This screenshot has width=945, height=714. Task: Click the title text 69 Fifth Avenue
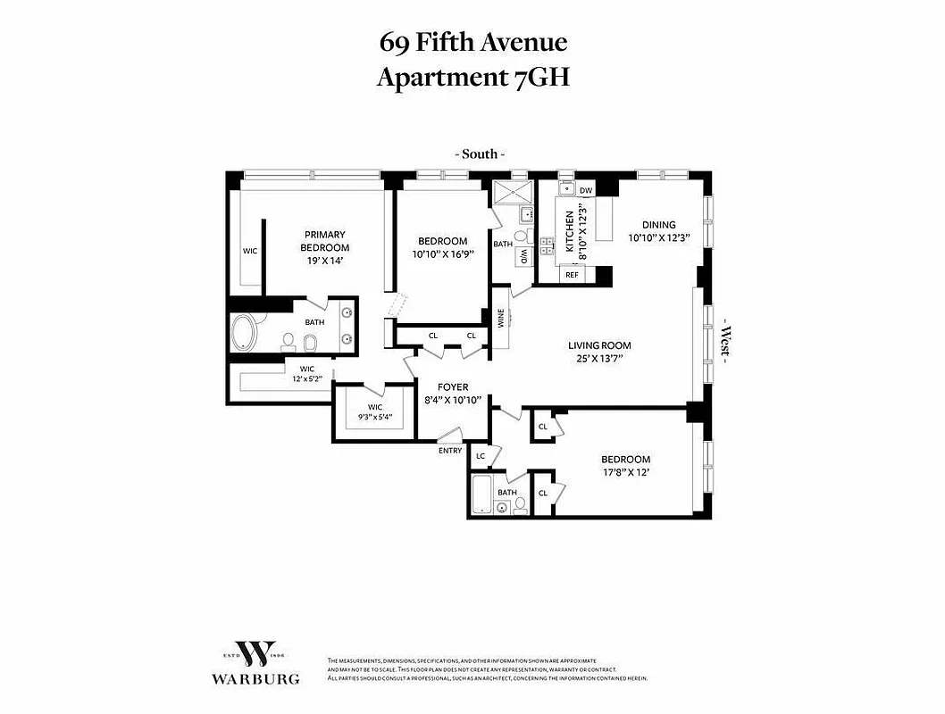click(x=472, y=42)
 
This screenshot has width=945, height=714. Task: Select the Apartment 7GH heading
click(x=472, y=78)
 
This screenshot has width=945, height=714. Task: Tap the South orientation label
click(x=479, y=154)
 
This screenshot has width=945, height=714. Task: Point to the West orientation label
click(x=725, y=342)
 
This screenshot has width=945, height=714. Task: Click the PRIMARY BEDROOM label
click(x=324, y=241)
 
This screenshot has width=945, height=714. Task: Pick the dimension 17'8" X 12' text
click(x=624, y=473)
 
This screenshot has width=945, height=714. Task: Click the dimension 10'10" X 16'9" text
click(x=442, y=254)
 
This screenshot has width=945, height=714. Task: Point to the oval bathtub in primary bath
click(x=243, y=335)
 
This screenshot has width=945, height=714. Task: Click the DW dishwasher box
click(x=586, y=190)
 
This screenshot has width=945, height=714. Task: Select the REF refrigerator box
click(x=573, y=276)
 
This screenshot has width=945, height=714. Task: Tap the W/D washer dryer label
click(x=523, y=255)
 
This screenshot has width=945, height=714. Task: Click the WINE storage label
click(x=500, y=317)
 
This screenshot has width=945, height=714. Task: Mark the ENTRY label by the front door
click(x=450, y=451)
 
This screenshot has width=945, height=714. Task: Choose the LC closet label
click(x=480, y=456)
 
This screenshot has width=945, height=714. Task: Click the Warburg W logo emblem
click(x=255, y=653)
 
